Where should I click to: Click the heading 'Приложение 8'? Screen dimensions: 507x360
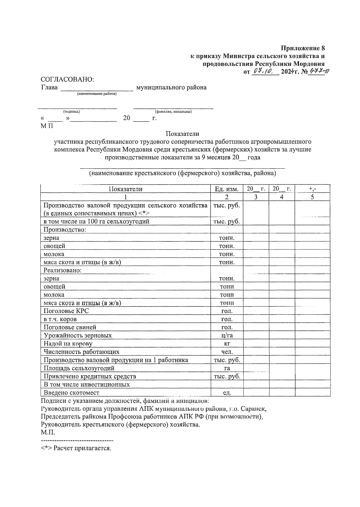(x=303, y=48)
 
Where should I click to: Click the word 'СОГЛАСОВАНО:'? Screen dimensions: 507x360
(x=67, y=79)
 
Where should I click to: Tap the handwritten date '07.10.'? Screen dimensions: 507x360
(x=262, y=72)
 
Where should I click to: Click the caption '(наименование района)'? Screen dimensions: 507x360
(x=97, y=94)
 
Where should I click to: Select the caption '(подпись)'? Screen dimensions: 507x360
(x=71, y=112)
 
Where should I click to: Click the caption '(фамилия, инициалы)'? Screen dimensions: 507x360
(x=173, y=112)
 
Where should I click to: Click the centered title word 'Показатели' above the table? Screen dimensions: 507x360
(x=182, y=134)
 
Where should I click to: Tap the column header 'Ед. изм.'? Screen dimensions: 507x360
(x=226, y=189)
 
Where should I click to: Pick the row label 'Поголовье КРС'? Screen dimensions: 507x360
(x=66, y=311)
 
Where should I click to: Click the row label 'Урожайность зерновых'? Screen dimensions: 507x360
(x=78, y=336)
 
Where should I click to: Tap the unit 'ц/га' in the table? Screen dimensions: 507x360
(x=226, y=336)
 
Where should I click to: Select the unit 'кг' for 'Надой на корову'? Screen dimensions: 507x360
(x=226, y=344)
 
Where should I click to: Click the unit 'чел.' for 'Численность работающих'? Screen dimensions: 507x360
(x=226, y=352)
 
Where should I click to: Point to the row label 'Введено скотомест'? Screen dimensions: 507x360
(x=71, y=392)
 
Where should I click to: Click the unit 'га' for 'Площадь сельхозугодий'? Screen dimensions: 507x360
(x=226, y=368)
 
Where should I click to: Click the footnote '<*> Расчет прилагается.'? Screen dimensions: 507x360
(x=76, y=449)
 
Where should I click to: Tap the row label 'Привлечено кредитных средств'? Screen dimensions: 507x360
(x=90, y=376)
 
